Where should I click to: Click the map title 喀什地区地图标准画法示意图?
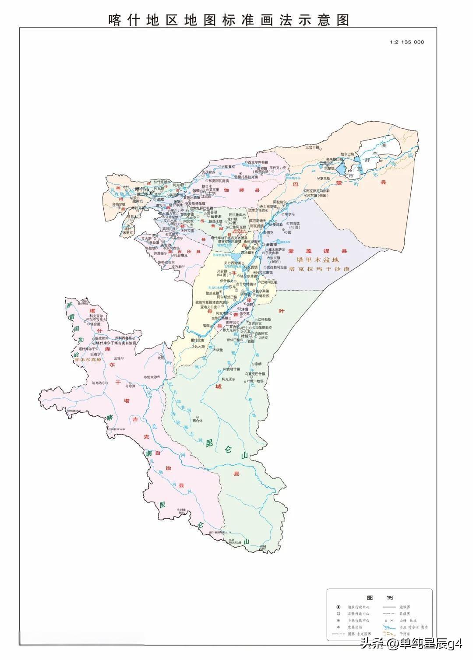229,20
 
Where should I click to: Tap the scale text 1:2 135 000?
406,42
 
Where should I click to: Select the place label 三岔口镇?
313,147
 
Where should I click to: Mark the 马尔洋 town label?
131,386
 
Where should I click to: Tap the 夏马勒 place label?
324,179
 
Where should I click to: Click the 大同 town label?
161,358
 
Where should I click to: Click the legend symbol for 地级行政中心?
338,607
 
